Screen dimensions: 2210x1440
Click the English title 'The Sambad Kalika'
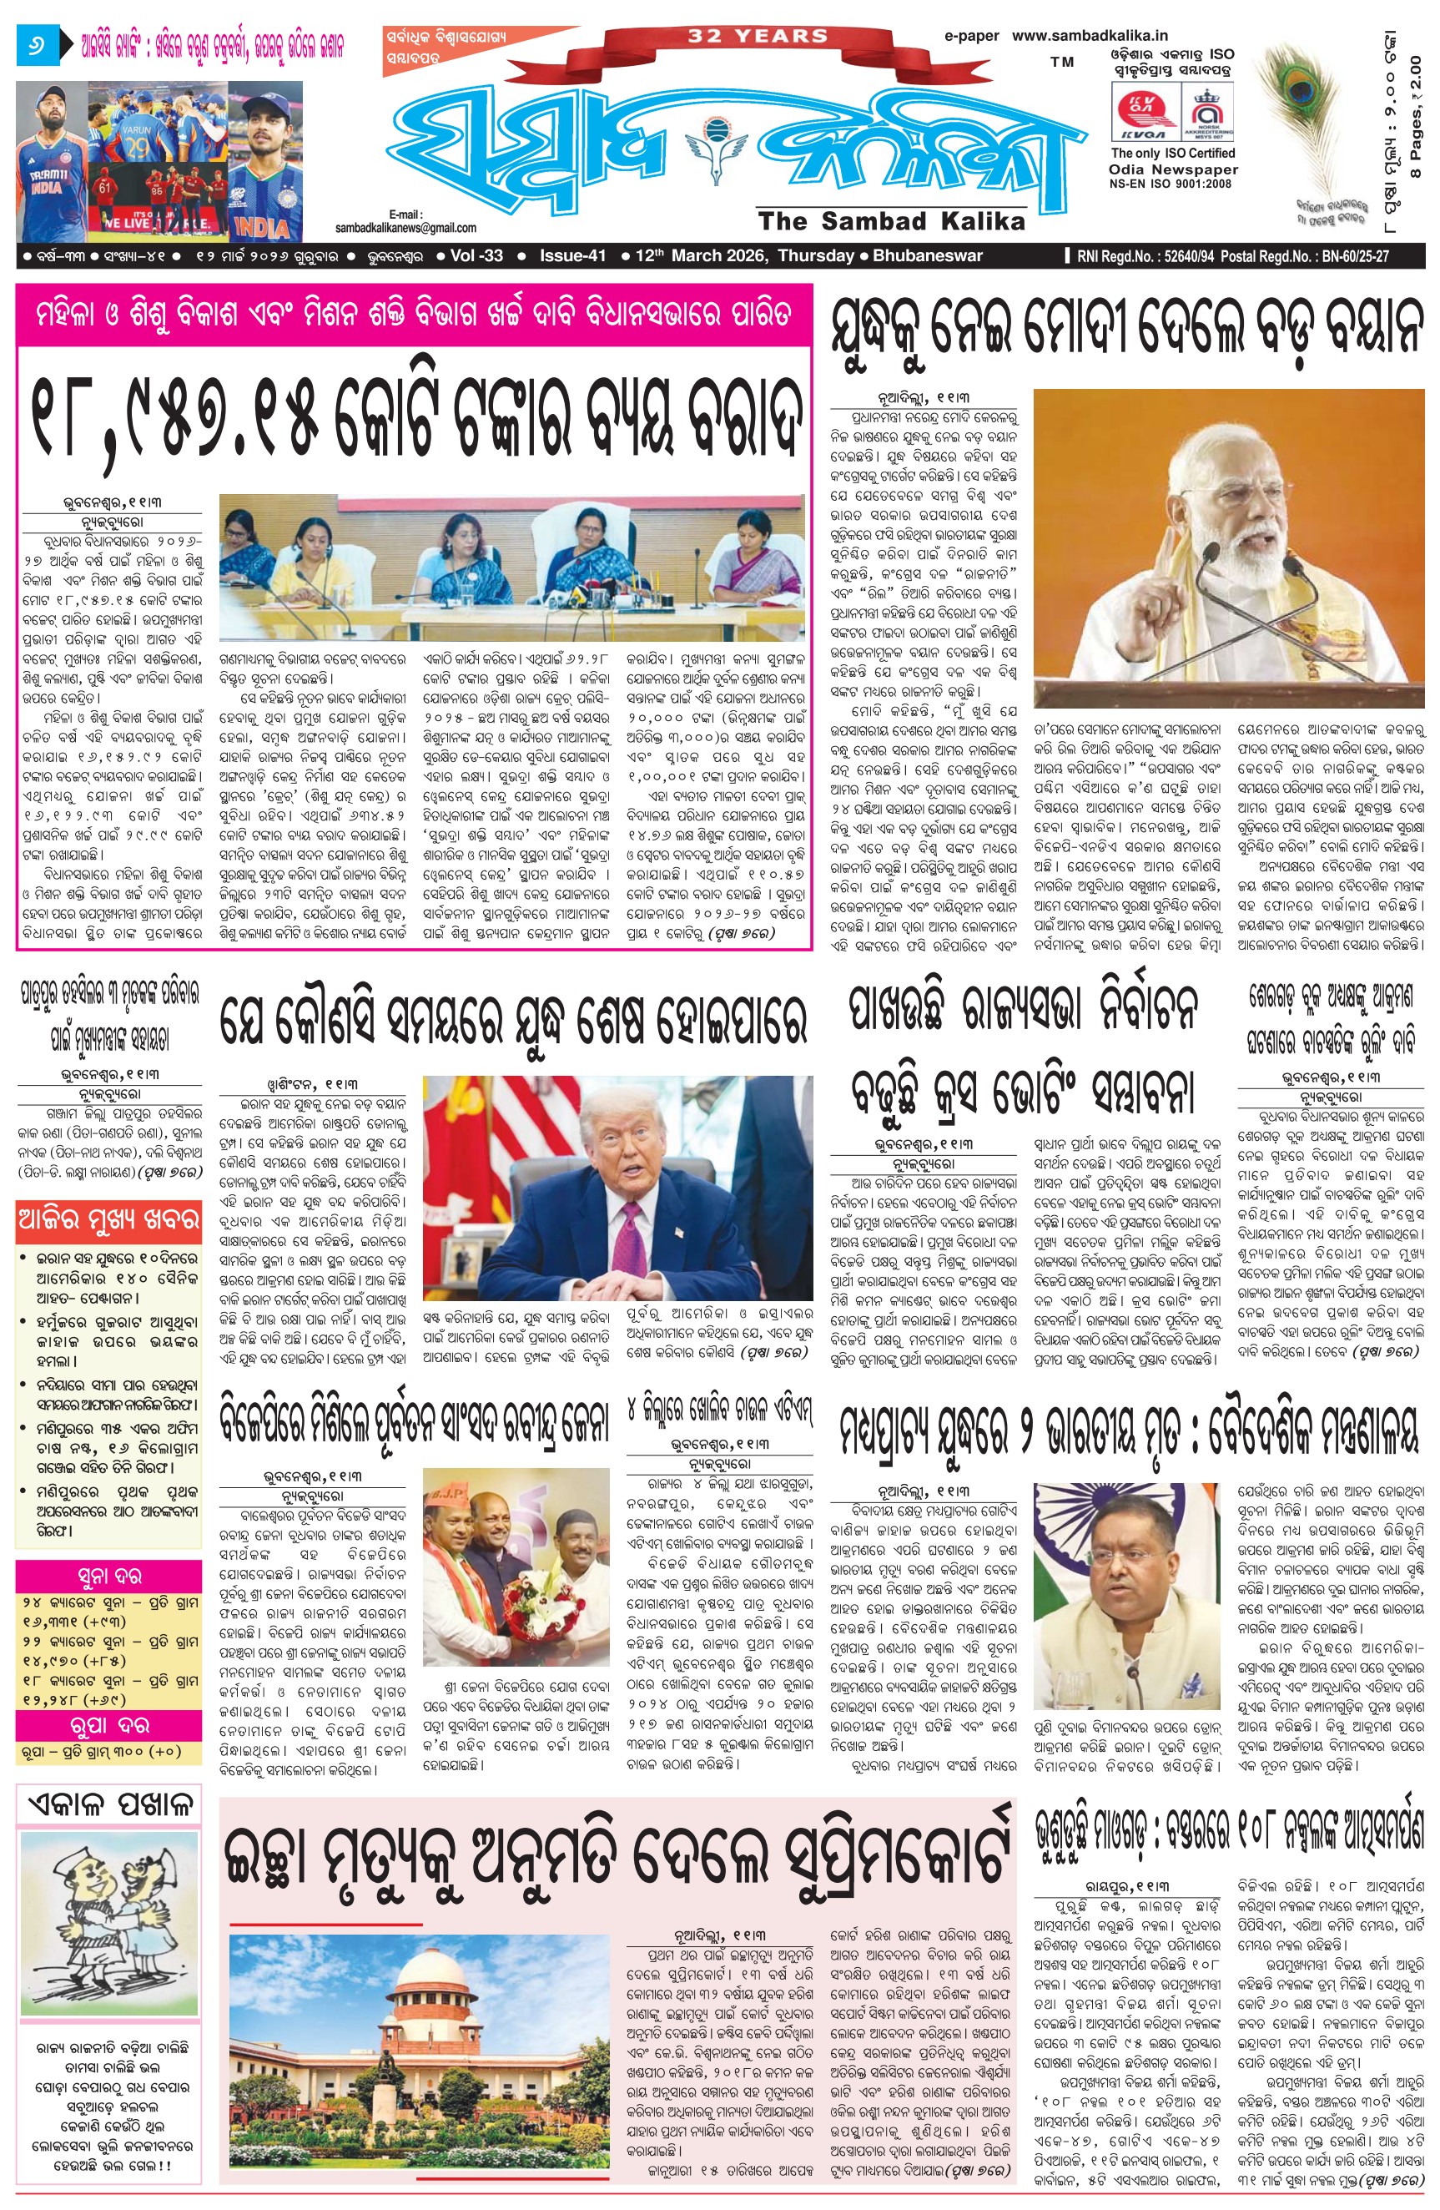[x=890, y=221]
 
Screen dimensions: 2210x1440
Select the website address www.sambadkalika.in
[x=1089, y=35]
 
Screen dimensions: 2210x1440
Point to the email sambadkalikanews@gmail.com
[x=405, y=228]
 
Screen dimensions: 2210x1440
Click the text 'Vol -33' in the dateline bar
[x=476, y=256]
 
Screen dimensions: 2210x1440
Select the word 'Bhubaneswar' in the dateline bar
[x=927, y=256]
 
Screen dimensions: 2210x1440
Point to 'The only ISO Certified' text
[x=1173, y=154]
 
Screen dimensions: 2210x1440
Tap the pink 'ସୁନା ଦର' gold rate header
[x=108, y=1576]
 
